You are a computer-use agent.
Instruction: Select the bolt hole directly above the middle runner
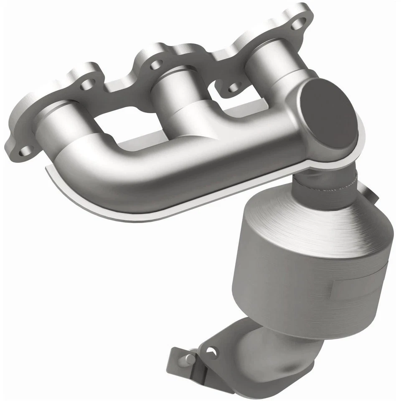(x=156, y=64)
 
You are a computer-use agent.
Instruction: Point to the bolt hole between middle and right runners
(x=234, y=86)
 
